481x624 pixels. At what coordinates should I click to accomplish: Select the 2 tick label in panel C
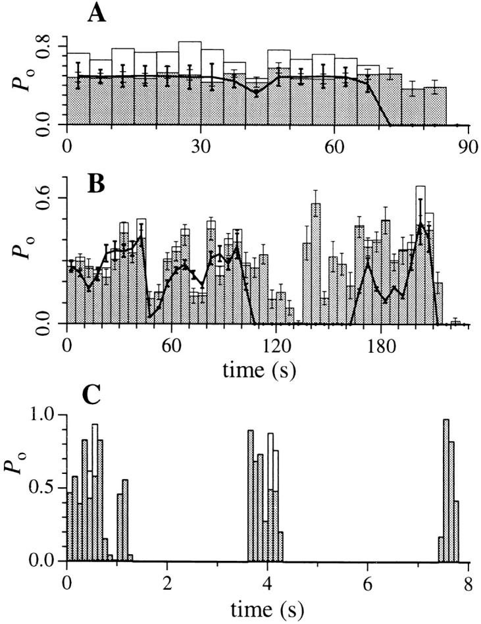pos(167,582)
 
